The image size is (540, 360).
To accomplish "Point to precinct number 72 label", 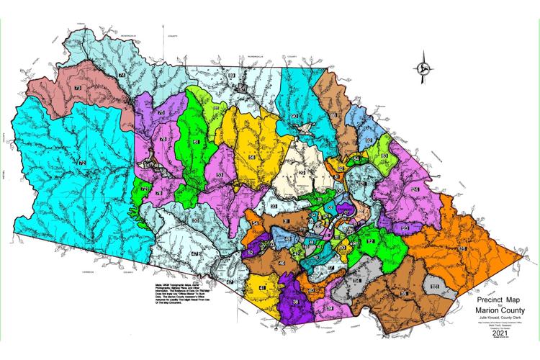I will pyautogui.click(x=82, y=164).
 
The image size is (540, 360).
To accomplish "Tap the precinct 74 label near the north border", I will pyautogui.click(x=122, y=75).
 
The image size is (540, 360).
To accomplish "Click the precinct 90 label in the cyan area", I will pyautogui.click(x=294, y=116).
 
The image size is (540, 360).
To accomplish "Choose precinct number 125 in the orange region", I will pyautogui.click(x=462, y=248).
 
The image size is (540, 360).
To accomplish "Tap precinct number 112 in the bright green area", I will pyautogui.click(x=371, y=242).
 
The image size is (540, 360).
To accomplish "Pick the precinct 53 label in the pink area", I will pyautogui.click(x=220, y=175).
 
